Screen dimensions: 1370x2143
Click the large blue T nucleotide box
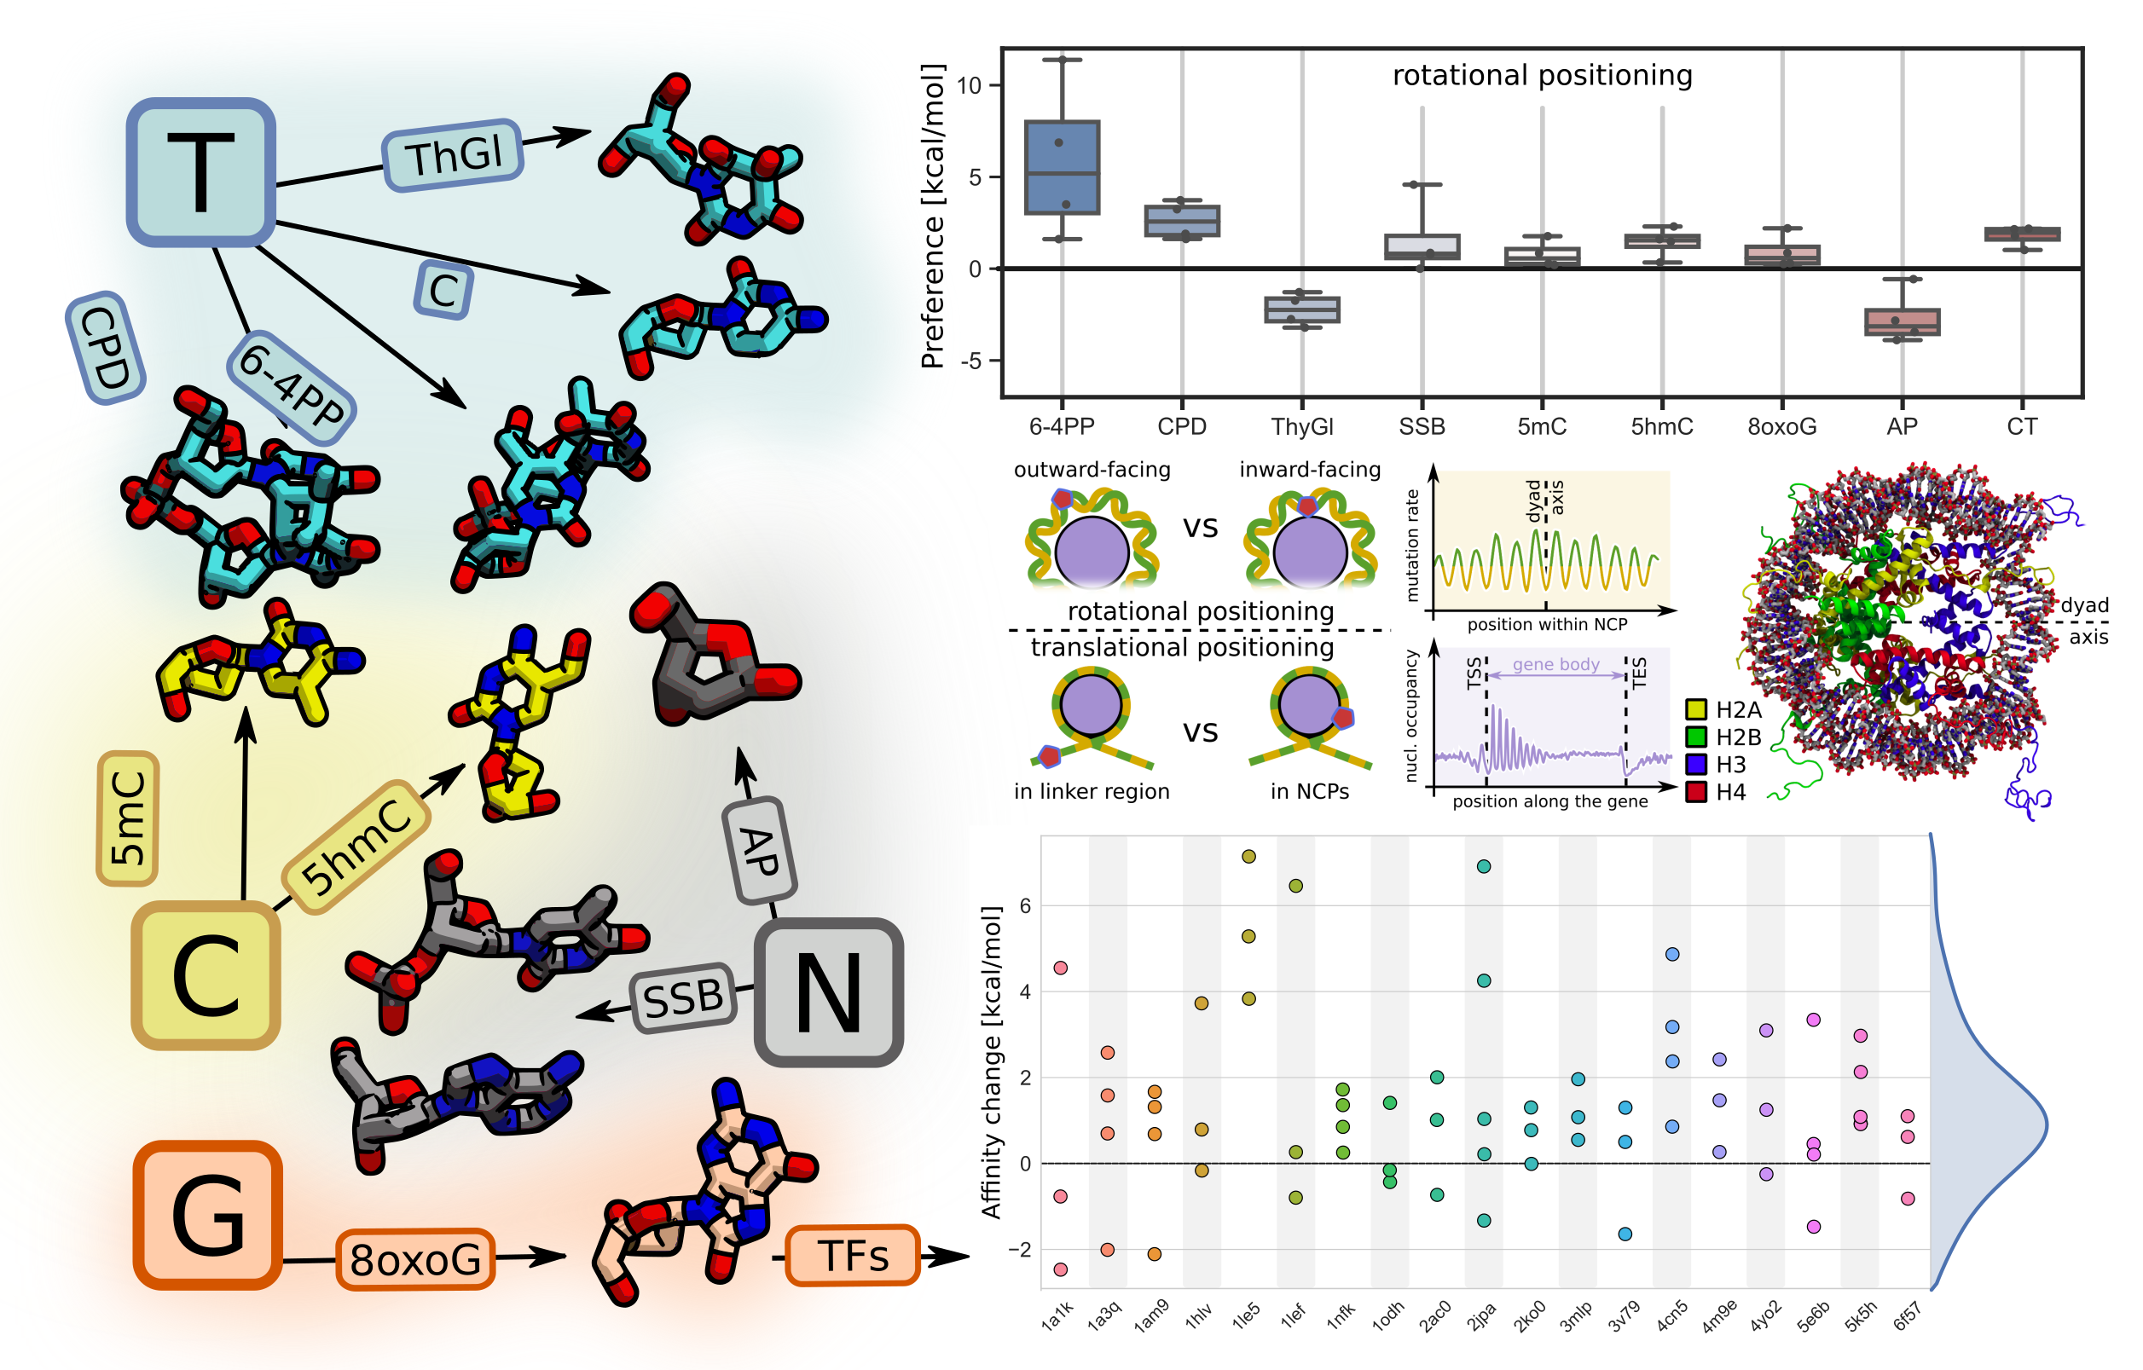click(200, 171)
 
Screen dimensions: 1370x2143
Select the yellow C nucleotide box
click(206, 975)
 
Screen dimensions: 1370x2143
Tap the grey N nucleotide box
click(829, 992)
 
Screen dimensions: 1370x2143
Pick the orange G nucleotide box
click(208, 1214)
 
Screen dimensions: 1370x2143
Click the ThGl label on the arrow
click(453, 156)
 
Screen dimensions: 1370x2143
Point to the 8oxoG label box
click(414, 1259)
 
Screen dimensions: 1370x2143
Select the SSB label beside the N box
click(683, 998)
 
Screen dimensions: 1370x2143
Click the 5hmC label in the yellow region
click(356, 847)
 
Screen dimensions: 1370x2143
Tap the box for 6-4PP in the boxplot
click(1062, 167)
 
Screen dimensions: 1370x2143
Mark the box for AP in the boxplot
click(1902, 322)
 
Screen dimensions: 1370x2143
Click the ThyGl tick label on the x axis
click(1302, 427)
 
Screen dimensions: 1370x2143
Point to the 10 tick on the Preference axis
click(968, 85)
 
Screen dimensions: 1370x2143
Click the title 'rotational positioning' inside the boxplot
click(1542, 76)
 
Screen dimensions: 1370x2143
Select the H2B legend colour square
click(1696, 737)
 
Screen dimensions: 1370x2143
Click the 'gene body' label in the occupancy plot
click(1555, 664)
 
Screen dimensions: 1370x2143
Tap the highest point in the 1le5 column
click(1248, 857)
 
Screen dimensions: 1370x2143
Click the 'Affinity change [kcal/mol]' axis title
click(991, 1062)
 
